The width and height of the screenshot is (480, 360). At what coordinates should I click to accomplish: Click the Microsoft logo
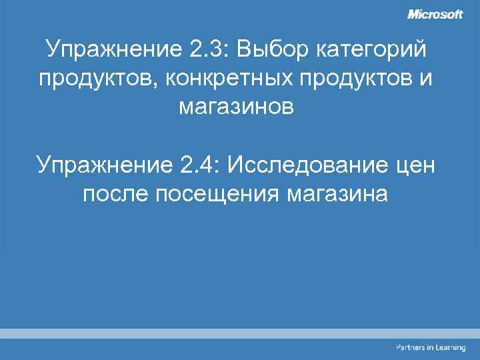(x=435, y=15)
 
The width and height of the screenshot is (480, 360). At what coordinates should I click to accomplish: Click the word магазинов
(x=235, y=107)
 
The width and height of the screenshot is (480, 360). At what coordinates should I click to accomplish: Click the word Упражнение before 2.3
(x=109, y=51)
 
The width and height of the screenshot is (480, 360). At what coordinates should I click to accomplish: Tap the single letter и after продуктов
(x=426, y=79)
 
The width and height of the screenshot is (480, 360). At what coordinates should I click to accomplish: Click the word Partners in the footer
(x=410, y=348)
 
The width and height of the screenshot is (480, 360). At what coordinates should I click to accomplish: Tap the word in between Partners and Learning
(x=429, y=348)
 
